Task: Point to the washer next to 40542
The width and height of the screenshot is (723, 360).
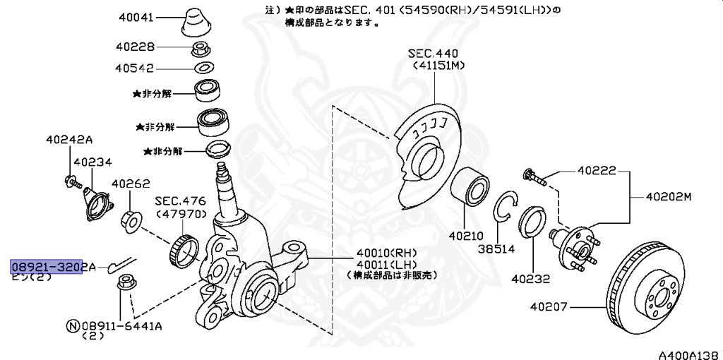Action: [x=204, y=68]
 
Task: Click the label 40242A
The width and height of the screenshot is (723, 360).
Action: [x=68, y=139]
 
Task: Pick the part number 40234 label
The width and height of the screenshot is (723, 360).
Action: [x=92, y=162]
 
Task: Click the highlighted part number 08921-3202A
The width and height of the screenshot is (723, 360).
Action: [x=53, y=267]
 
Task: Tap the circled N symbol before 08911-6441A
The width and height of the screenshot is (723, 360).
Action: [x=72, y=326]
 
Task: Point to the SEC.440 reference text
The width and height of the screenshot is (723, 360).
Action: [x=433, y=54]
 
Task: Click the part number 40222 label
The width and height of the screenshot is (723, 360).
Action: [x=597, y=171]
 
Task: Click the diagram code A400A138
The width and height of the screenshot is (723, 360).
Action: [x=690, y=354]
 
